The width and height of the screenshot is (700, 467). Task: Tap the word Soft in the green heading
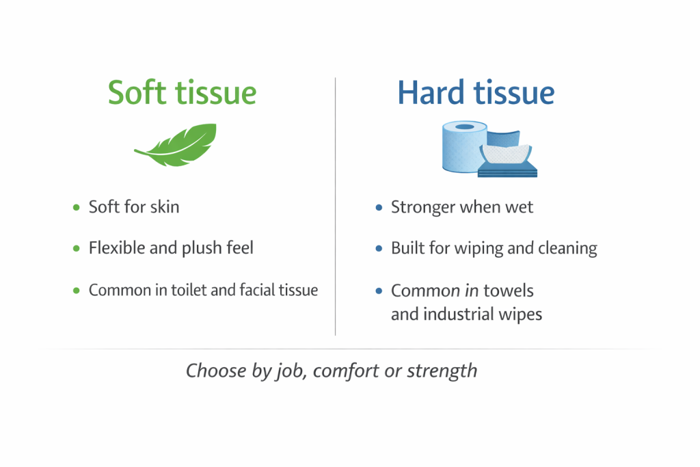point(137,92)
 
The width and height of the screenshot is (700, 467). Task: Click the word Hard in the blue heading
point(431,92)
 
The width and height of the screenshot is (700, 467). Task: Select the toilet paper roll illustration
point(463,146)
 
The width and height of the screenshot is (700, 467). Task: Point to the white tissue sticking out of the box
point(507,154)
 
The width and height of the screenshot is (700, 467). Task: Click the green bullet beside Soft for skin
point(77,207)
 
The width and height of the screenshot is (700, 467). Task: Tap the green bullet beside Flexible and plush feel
point(77,248)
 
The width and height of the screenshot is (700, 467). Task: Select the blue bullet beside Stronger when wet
point(379,207)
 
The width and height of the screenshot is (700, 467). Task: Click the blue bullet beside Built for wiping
point(379,248)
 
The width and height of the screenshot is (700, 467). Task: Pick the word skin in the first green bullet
point(164,206)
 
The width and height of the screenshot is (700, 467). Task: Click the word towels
point(509,291)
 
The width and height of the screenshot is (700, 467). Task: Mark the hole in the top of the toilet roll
point(464,126)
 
